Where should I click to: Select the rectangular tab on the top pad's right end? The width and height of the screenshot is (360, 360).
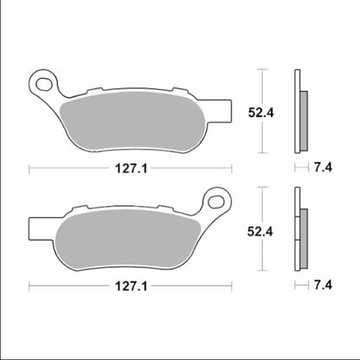click(227, 112)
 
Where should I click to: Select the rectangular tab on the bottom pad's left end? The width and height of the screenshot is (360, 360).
click(34, 230)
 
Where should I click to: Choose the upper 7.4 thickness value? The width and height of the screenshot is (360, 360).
click(321, 168)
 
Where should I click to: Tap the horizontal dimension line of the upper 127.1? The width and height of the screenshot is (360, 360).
click(69, 168)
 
